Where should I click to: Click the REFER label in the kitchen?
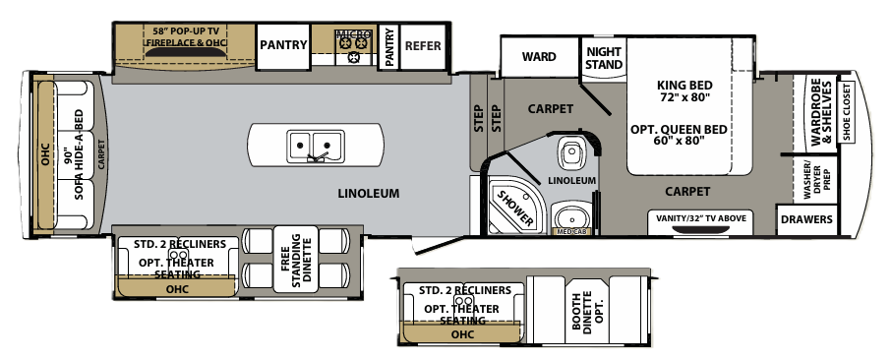(423, 45)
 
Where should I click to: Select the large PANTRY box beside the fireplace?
(283, 45)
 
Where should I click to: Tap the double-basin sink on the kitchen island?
(315, 148)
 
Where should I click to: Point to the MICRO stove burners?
(353, 43)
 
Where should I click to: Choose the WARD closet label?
(539, 57)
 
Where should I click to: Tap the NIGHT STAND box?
(604, 58)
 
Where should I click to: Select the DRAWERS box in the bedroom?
(807, 219)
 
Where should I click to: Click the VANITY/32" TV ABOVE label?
(708, 217)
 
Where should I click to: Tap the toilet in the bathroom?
(571, 153)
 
